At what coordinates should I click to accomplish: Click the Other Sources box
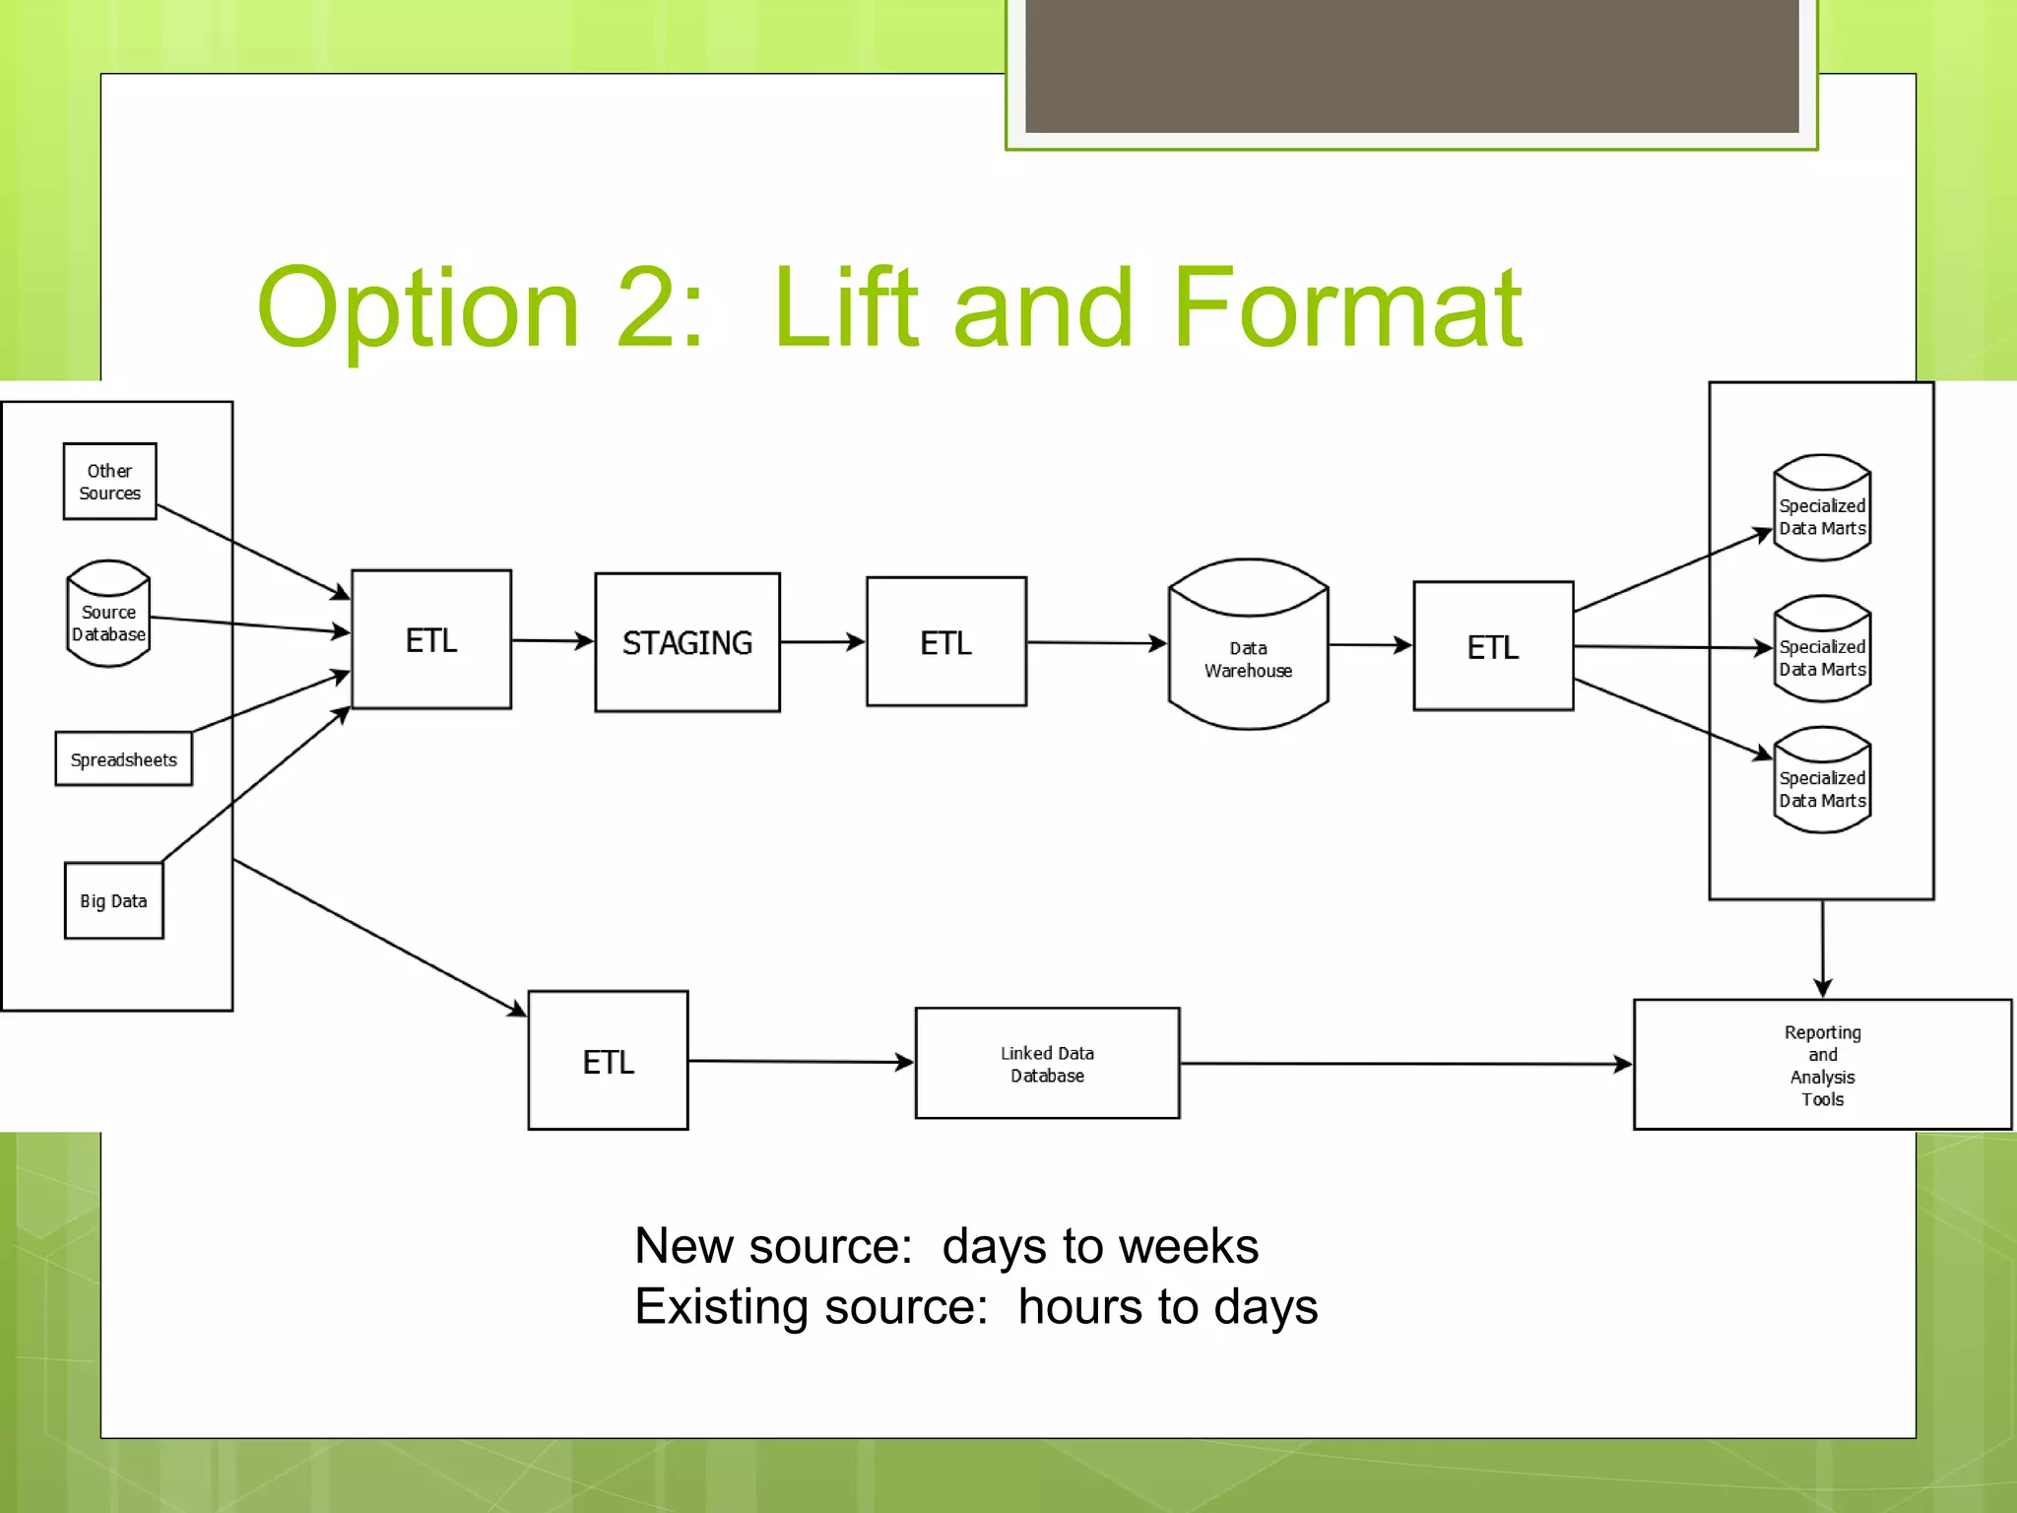[109, 481]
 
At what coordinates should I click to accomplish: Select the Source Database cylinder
[108, 615]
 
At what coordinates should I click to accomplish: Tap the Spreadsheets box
[123, 758]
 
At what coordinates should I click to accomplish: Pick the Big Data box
[113, 900]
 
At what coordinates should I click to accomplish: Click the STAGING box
[686, 642]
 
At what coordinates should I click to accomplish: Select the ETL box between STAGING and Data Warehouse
[945, 642]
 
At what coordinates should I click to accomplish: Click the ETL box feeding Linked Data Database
[608, 1061]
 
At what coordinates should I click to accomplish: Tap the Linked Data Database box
[1047, 1063]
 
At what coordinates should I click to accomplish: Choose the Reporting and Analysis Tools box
[1822, 1065]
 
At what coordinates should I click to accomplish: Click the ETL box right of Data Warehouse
[1493, 646]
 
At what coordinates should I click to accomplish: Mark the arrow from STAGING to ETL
[822, 642]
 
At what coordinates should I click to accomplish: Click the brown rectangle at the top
[1411, 65]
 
